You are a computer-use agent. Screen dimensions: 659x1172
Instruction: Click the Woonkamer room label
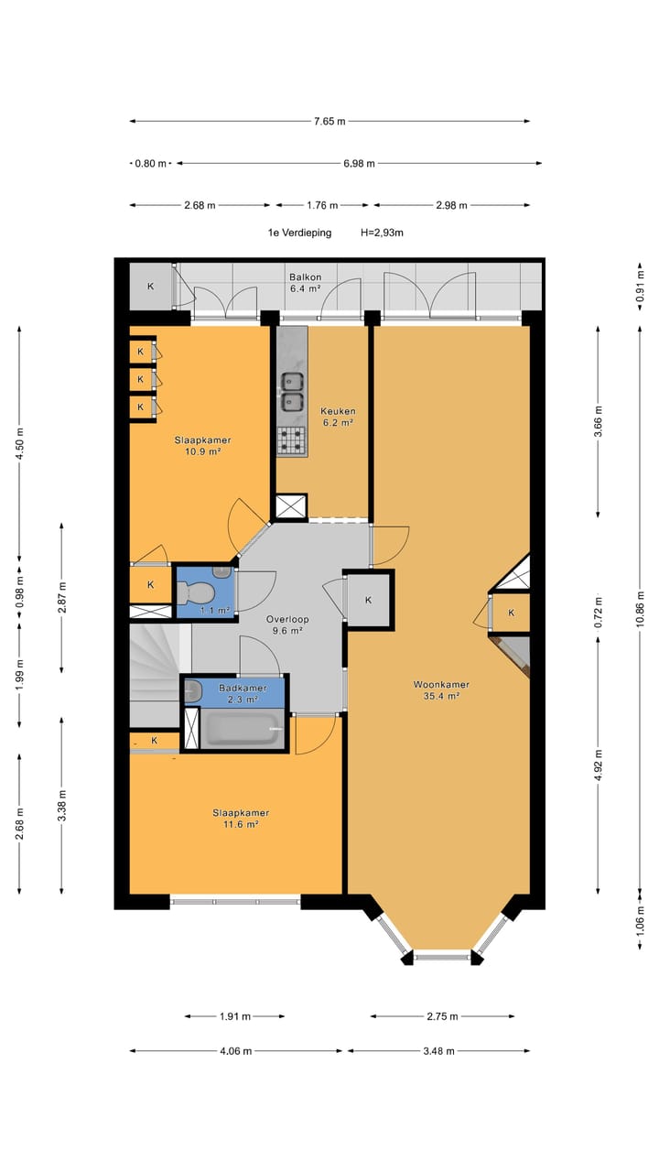click(441, 684)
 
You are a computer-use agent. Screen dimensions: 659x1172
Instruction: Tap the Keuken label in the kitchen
click(338, 411)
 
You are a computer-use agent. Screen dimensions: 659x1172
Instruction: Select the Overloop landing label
click(287, 619)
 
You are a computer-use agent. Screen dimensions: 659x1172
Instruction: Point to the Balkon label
click(306, 277)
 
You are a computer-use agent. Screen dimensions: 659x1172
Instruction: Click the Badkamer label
click(243, 688)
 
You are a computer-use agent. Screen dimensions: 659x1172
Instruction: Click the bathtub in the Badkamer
click(241, 729)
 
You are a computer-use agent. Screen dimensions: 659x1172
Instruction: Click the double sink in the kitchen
click(292, 392)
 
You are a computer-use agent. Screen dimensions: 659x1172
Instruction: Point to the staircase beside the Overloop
click(155, 675)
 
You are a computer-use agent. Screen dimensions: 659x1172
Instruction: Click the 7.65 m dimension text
click(329, 122)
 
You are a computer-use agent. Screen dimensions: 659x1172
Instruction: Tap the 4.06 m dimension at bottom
click(236, 1050)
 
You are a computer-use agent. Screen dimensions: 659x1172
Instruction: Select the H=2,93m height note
click(382, 233)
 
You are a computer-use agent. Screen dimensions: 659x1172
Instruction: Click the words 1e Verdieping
click(299, 233)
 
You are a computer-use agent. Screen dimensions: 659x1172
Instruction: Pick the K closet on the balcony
click(151, 287)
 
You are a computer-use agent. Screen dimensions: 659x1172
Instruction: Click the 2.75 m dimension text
click(442, 1016)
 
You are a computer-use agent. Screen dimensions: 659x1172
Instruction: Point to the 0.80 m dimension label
click(151, 163)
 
